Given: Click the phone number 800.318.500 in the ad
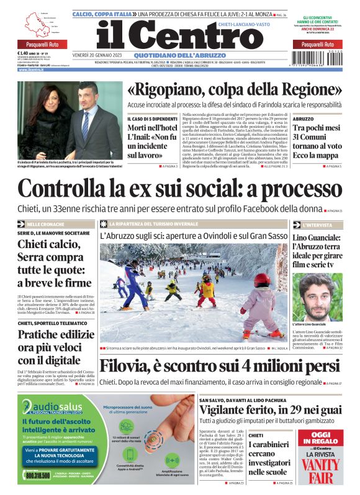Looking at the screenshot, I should coord(38,476).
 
